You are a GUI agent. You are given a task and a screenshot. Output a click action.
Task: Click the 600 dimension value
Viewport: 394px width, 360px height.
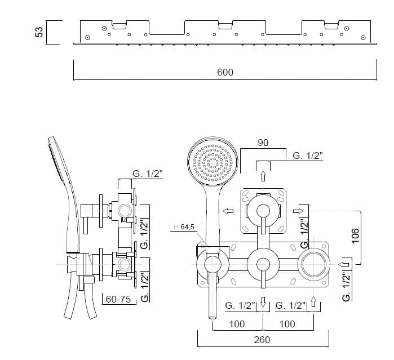pyautogui.click(x=225, y=72)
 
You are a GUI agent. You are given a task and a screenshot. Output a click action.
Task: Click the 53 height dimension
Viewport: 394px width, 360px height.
pyautogui.click(x=39, y=32)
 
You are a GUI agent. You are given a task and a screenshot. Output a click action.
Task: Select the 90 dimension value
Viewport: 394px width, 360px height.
pyautogui.click(x=263, y=143)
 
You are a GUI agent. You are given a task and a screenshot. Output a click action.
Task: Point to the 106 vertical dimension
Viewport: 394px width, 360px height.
pyautogui.click(x=370, y=235)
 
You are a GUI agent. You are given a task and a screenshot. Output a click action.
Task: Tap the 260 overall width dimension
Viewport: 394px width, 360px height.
pyautogui.click(x=262, y=339)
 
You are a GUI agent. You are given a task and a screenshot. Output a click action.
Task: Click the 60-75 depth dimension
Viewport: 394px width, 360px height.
pyautogui.click(x=118, y=299)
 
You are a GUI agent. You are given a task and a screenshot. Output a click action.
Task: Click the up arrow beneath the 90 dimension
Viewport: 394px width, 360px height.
pyautogui.click(x=263, y=176)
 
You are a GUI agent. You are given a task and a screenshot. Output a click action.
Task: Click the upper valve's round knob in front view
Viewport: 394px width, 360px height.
pyautogui.click(x=263, y=210)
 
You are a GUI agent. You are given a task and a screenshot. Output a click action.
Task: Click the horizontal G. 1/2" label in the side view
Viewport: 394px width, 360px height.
pyautogui.click(x=148, y=174)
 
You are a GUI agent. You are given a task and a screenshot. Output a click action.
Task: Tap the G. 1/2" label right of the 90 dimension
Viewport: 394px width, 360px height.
pyautogui.click(x=308, y=156)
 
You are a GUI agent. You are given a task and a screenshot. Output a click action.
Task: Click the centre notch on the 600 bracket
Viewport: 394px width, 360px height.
pyautogui.click(x=224, y=25)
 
